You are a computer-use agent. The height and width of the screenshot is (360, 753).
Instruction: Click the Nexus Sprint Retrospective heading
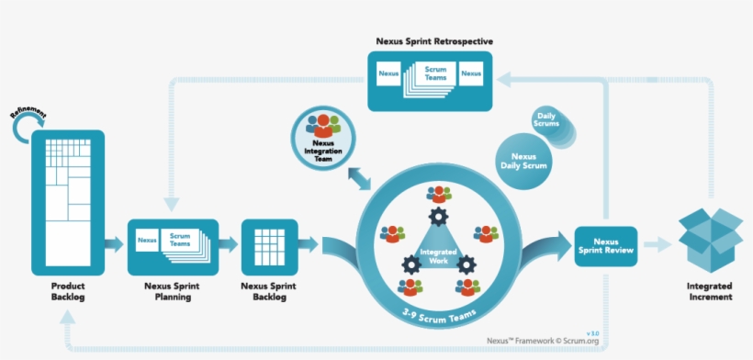pyautogui.click(x=434, y=40)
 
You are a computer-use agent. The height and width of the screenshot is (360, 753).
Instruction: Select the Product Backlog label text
pyautogui.click(x=67, y=291)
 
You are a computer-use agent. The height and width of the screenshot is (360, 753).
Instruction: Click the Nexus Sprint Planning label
pyautogui.click(x=172, y=291)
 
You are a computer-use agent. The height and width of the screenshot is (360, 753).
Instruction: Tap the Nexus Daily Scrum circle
pyautogui.click(x=524, y=162)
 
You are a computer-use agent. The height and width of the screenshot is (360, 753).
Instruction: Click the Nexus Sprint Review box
pyautogui.click(x=606, y=245)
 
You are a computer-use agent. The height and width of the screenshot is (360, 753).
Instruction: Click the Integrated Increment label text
pyautogui.click(x=710, y=292)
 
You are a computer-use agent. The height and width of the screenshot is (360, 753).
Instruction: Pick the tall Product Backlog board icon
pyautogui.click(x=67, y=202)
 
